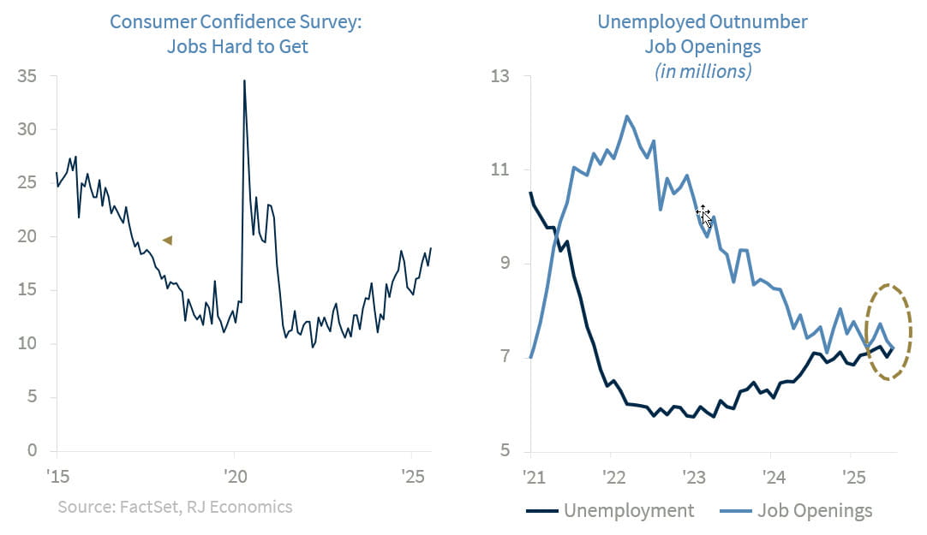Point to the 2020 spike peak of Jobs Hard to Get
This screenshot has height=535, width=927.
(x=244, y=80)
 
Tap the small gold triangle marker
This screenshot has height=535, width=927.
(x=167, y=241)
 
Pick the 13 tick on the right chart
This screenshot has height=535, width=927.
(x=499, y=77)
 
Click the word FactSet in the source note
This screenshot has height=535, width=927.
(x=145, y=507)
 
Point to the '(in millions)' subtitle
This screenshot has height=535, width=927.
(x=703, y=71)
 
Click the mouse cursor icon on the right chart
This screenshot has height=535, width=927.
(x=703, y=214)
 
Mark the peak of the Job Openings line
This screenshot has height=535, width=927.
(x=626, y=116)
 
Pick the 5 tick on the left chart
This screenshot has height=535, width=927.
(x=32, y=397)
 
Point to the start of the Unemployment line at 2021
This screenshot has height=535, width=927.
(x=530, y=193)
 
